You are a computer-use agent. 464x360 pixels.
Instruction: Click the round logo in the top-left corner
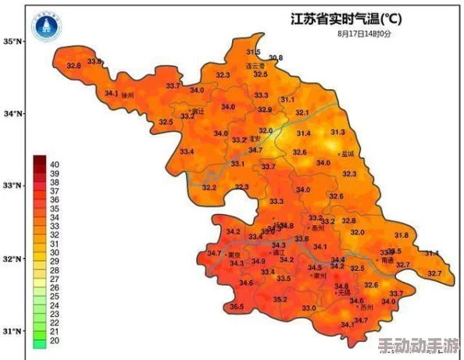point(45,27)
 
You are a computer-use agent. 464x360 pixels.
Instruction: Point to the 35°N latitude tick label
point(12,41)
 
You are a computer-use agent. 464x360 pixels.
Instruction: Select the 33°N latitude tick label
point(12,186)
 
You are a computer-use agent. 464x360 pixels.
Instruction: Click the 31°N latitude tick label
point(12,331)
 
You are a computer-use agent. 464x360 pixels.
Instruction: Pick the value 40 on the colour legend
point(55,165)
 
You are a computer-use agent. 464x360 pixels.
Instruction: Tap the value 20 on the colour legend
point(55,341)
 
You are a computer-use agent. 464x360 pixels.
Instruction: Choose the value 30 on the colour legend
point(55,253)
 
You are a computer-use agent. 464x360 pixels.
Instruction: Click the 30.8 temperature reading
point(275,59)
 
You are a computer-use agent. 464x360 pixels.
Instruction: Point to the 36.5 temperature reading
point(237,307)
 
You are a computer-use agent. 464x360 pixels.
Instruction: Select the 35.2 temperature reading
point(280,300)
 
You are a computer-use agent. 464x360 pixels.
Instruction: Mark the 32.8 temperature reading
point(73,66)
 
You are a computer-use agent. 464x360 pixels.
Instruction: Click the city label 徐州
point(128,95)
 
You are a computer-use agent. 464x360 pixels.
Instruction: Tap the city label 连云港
point(257,66)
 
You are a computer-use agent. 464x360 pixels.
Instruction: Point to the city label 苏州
point(368,308)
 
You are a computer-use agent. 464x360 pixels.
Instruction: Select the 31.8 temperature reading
point(401,235)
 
